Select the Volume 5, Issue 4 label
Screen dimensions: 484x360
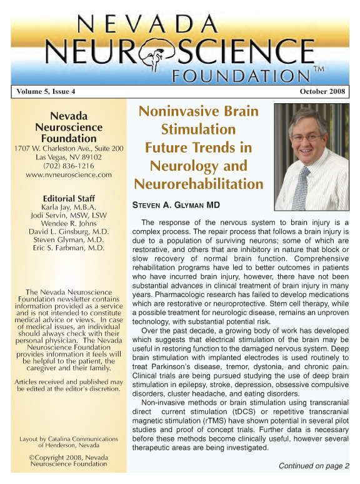pyautogui.click(x=46, y=92)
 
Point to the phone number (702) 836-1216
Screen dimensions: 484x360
pyautogui.click(x=69, y=166)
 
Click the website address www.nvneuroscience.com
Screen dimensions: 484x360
pyautogui.click(x=69, y=176)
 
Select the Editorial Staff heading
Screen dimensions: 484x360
pyautogui.click(x=69, y=199)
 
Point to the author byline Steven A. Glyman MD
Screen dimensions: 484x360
pyautogui.click(x=176, y=205)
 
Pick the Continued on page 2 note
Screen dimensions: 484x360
pyautogui.click(x=314, y=466)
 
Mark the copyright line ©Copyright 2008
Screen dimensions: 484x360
pyautogui.click(x=69, y=457)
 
